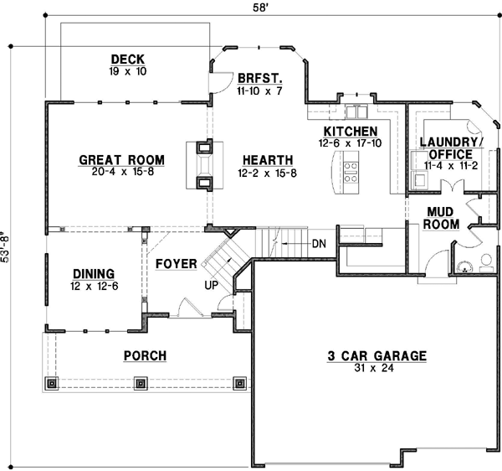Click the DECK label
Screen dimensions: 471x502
(128, 60)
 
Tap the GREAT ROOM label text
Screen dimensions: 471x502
(121, 160)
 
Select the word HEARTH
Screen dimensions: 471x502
(268, 160)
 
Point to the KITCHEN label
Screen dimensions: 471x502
(351, 132)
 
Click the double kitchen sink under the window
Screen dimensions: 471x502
(357, 112)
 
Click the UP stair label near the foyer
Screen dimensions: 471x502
(213, 286)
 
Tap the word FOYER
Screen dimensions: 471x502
(176, 264)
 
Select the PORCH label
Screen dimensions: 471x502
(145, 356)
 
